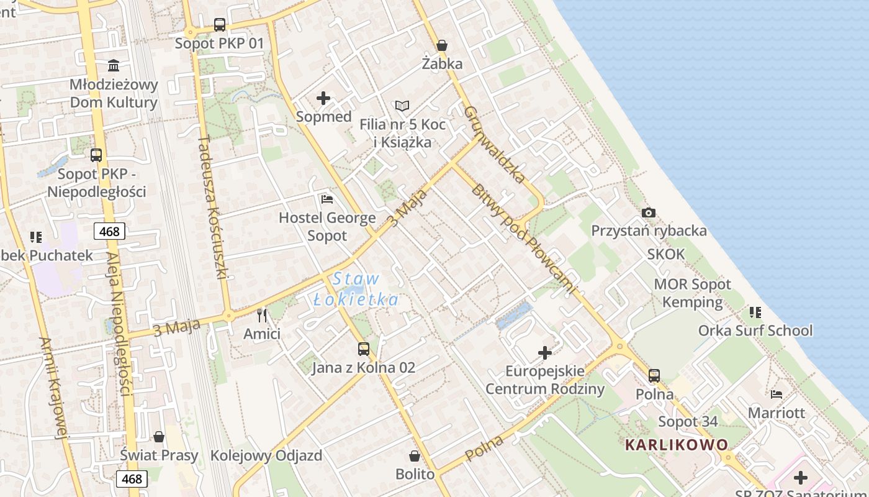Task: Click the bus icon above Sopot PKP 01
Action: tap(220, 25)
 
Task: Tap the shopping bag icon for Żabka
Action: tap(442, 45)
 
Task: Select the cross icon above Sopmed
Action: tap(323, 98)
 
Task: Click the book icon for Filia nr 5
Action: tap(402, 106)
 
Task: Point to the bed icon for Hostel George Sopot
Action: tap(327, 199)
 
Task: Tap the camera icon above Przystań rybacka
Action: tap(649, 212)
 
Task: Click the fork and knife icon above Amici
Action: tap(262, 316)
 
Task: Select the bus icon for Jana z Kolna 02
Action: tap(364, 349)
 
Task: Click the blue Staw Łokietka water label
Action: tap(356, 289)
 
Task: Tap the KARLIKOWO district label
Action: tap(677, 445)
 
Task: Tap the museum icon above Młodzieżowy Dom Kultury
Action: tap(114, 65)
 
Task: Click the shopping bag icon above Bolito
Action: tap(415, 456)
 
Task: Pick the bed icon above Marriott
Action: tap(776, 394)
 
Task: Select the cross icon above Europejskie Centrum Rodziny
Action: tap(545, 353)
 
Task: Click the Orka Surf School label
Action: tap(755, 331)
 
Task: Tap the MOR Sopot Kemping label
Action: tap(692, 293)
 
